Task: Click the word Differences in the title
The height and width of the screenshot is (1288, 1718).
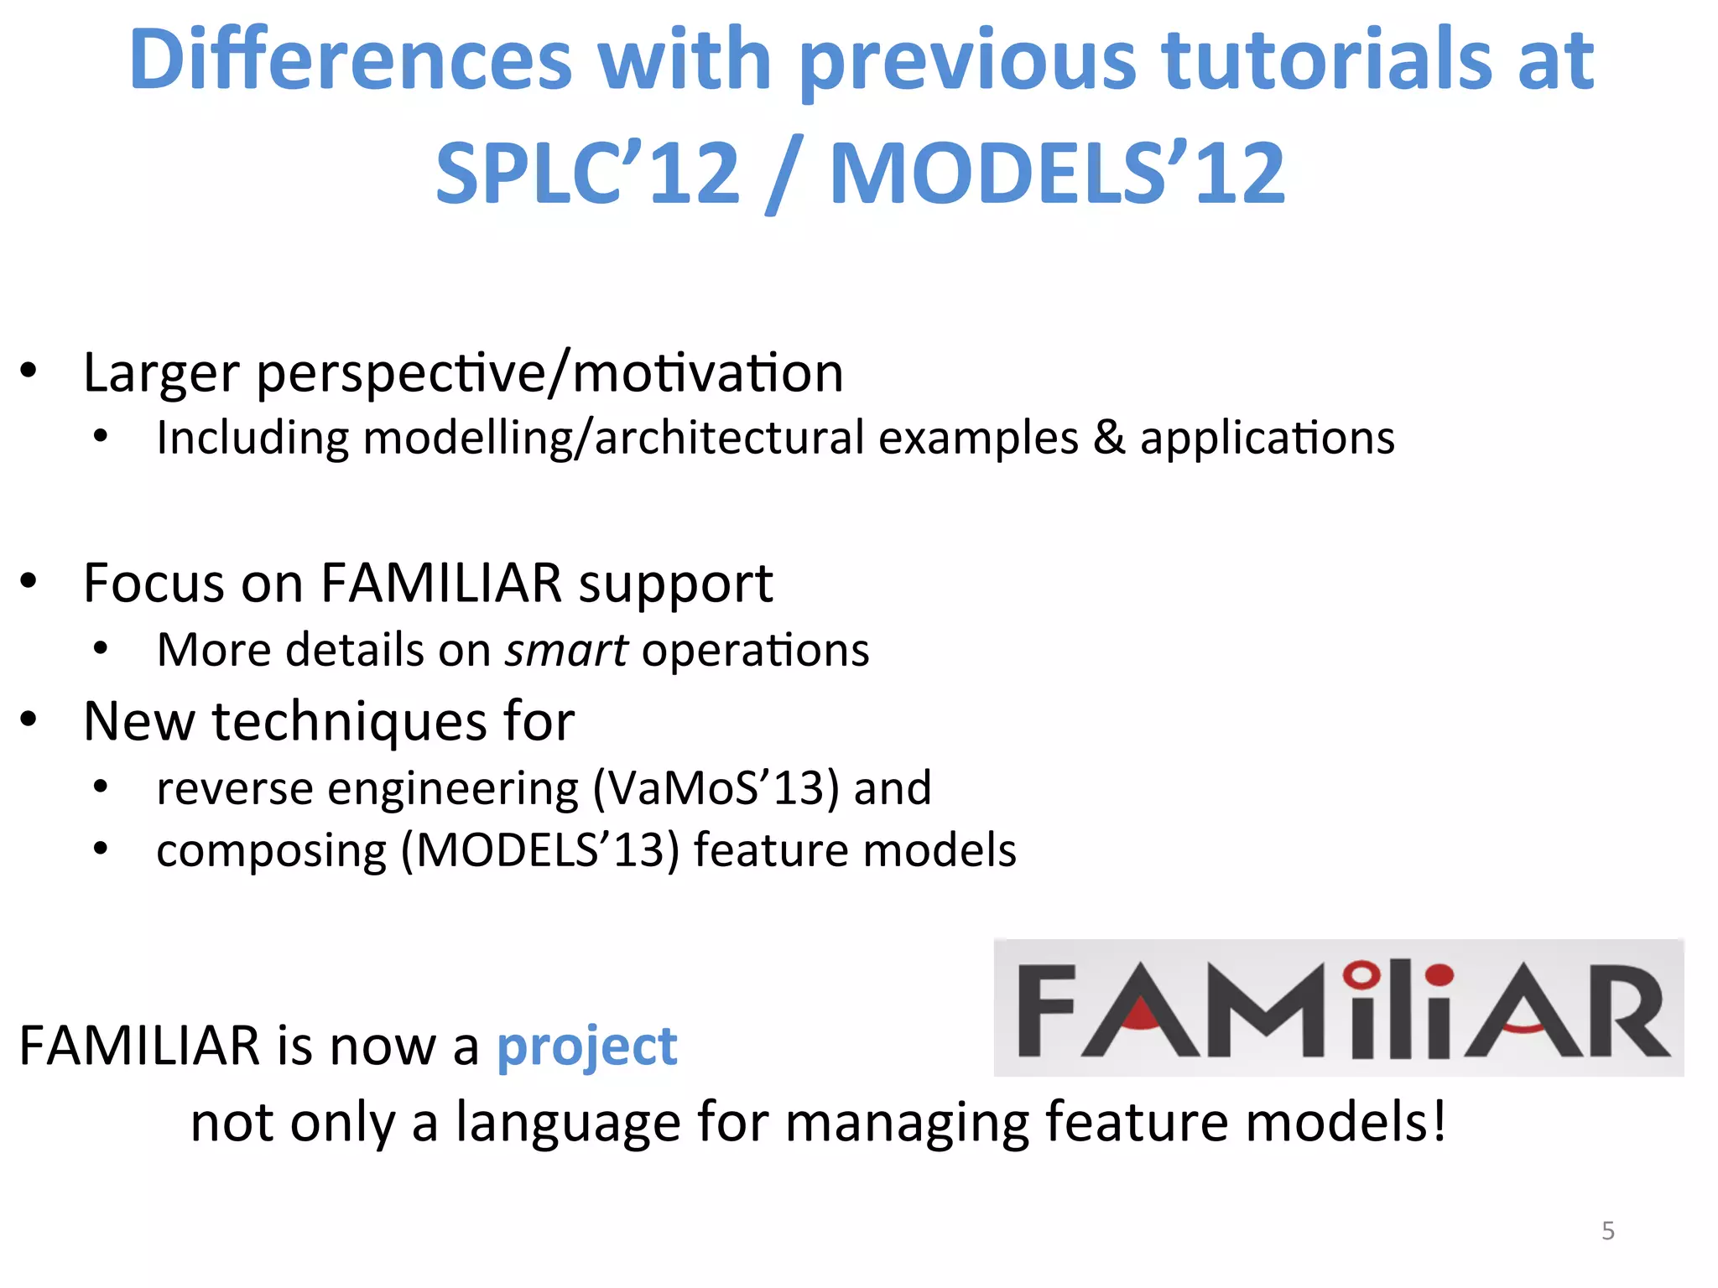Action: click(x=351, y=60)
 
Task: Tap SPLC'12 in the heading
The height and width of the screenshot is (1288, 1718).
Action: click(x=588, y=174)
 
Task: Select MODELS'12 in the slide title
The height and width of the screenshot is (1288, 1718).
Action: click(x=1057, y=174)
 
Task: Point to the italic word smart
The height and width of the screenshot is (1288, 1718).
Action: click(x=566, y=651)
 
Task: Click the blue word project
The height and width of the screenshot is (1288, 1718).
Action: click(x=586, y=1047)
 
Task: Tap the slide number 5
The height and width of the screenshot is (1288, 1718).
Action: click(x=1607, y=1230)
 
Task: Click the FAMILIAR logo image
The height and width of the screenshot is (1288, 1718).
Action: click(x=1338, y=1008)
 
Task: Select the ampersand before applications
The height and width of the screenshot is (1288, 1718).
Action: click(x=1109, y=439)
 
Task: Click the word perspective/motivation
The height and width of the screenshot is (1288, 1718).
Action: click(x=549, y=374)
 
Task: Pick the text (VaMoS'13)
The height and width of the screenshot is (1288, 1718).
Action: click(x=716, y=788)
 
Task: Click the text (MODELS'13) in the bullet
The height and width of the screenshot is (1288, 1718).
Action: click(x=539, y=851)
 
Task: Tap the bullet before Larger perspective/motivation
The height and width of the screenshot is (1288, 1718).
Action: click(x=29, y=371)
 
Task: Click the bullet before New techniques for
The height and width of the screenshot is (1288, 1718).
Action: click(x=29, y=719)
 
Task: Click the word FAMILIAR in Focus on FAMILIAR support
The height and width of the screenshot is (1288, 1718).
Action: click(x=441, y=583)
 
